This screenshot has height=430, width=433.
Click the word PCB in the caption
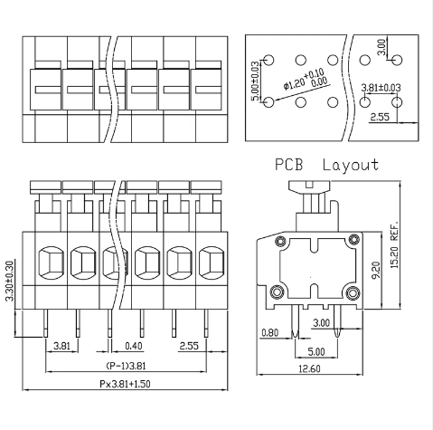point(290,166)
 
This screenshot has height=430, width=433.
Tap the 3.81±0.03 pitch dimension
point(381,88)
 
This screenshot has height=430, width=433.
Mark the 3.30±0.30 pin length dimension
point(10,282)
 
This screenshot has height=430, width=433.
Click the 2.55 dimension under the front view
point(190,345)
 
